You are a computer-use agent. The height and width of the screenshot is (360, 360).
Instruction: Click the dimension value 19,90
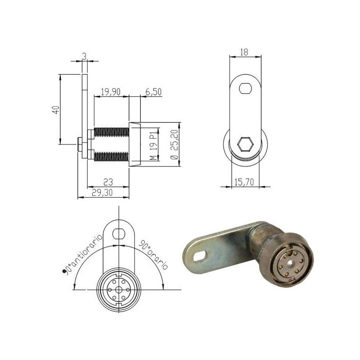(x=110, y=92)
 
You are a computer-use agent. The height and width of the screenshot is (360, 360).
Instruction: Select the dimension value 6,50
(x=153, y=92)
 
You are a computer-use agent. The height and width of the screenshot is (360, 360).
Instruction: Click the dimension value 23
(x=108, y=182)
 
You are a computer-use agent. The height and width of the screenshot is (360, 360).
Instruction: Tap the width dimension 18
(x=245, y=52)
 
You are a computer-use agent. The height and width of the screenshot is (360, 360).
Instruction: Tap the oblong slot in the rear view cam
(x=246, y=88)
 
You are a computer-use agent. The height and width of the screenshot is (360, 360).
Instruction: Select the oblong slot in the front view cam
(x=118, y=233)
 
